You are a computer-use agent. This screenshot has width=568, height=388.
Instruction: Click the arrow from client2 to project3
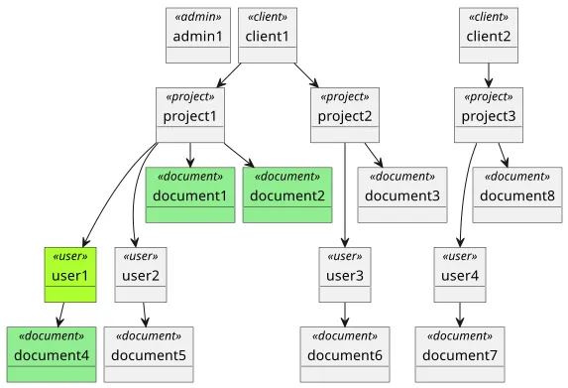pyautogui.click(x=489, y=75)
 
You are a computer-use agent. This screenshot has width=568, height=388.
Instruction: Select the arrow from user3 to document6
pyautogui.click(x=345, y=314)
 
